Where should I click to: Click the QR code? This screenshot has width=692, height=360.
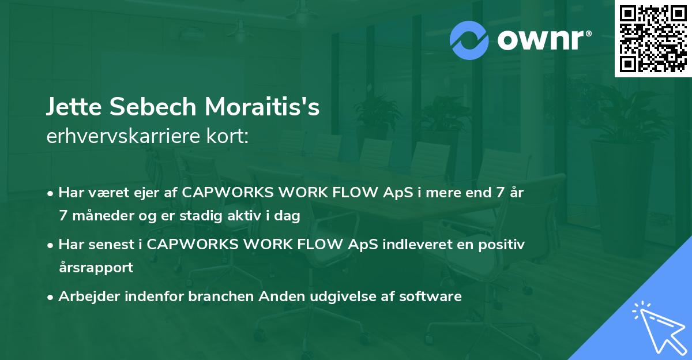pos(653,39)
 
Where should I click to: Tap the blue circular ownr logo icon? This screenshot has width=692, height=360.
pos(469,40)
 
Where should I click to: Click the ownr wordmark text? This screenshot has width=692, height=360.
pos(544,40)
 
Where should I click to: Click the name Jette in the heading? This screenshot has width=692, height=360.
pos(74,107)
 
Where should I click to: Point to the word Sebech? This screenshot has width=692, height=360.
pos(153,107)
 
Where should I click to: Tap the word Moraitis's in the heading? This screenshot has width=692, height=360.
pos(262,107)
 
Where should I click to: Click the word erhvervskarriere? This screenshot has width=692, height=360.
pos(123,136)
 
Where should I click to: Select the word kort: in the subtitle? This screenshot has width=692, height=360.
pos(227,136)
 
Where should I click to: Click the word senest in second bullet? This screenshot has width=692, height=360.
pos(111,245)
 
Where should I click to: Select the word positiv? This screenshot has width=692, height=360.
pos(501,245)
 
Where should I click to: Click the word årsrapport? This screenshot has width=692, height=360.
pos(96,268)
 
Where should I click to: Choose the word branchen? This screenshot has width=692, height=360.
pos(221,296)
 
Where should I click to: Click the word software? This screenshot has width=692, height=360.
pos(430,296)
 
